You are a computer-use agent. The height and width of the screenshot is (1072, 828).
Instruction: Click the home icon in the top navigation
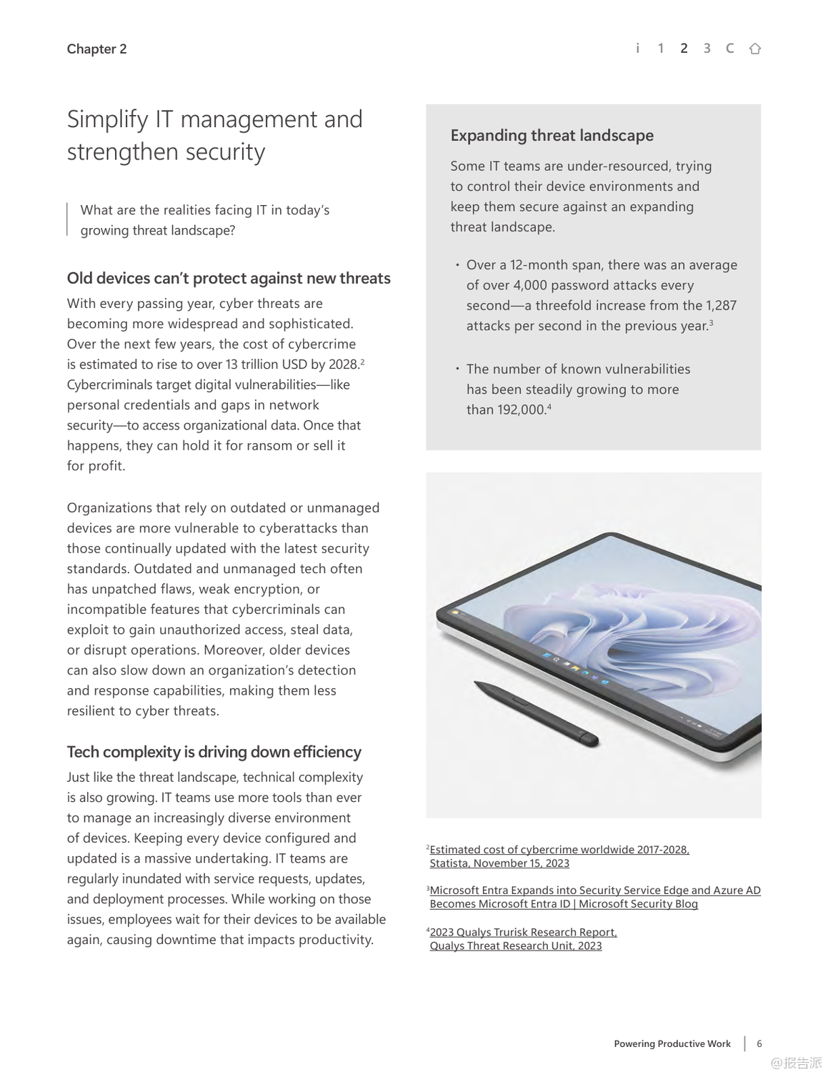click(754, 49)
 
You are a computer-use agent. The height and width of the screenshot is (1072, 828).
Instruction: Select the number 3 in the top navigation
click(707, 49)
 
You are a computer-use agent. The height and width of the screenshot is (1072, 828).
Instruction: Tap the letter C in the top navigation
click(729, 49)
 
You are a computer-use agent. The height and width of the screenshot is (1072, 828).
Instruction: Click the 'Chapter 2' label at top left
click(96, 49)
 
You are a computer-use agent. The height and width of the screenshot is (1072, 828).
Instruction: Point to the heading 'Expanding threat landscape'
click(552, 136)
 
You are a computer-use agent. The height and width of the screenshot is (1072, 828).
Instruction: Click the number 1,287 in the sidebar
click(721, 306)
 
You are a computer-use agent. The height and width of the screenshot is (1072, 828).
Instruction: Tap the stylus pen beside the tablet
click(537, 713)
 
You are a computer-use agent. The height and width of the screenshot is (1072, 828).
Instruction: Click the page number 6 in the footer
click(759, 1044)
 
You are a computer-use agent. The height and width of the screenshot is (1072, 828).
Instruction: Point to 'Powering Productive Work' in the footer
click(672, 1044)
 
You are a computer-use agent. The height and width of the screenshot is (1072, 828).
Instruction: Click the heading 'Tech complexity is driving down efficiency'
click(214, 753)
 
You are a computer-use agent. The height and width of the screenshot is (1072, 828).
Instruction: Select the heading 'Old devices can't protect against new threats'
click(229, 279)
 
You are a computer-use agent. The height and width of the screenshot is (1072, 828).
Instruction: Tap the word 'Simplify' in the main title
click(108, 119)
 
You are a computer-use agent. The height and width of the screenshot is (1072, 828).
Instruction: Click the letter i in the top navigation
click(637, 49)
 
